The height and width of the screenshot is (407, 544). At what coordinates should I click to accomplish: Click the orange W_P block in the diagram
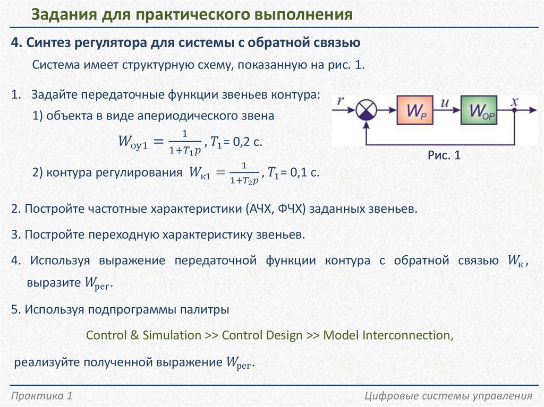[415, 110]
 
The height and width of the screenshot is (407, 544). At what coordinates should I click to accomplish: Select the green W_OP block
[479, 110]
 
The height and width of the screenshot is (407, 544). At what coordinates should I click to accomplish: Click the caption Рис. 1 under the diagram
[444, 155]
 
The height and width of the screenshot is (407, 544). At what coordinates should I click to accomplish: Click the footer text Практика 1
[41, 396]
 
